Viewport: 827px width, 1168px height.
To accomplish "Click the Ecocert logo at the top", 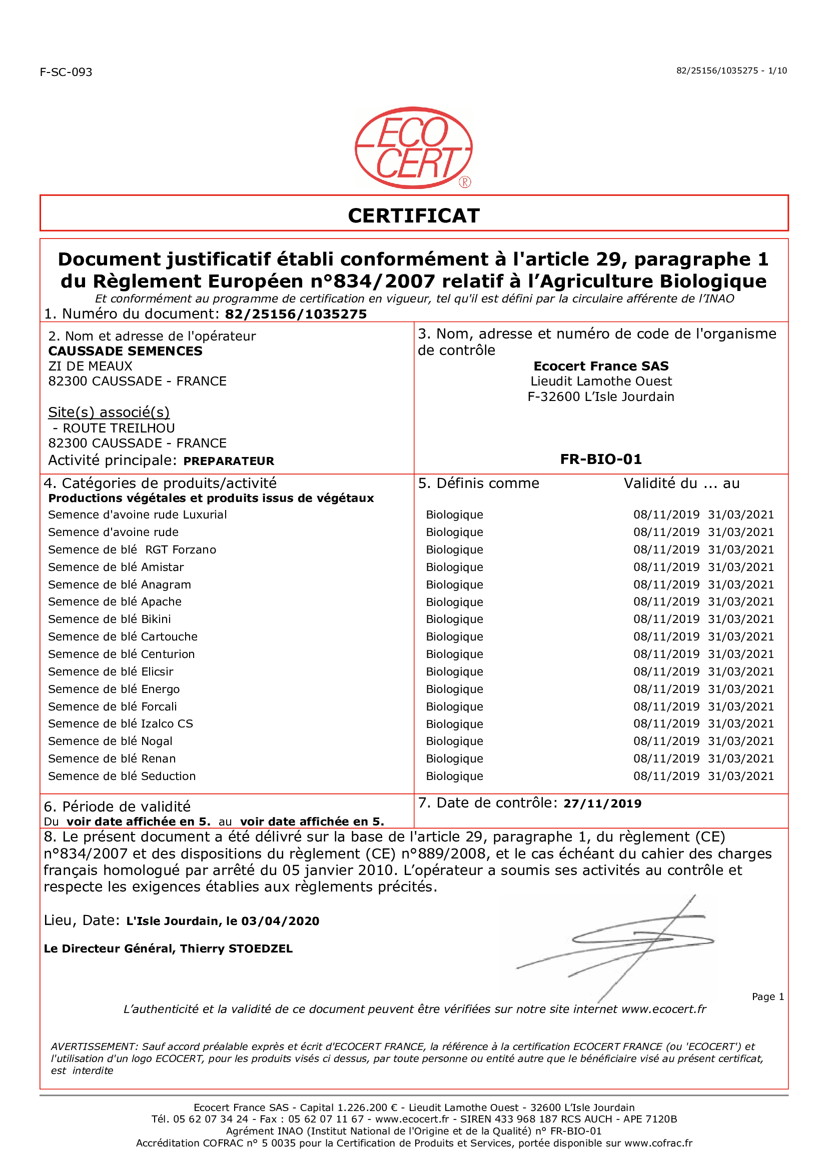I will pyautogui.click(x=413, y=147).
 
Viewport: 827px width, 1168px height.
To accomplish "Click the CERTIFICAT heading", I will pyautogui.click(x=413, y=216).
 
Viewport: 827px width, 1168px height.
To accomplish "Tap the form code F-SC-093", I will pyautogui.click(x=66, y=72).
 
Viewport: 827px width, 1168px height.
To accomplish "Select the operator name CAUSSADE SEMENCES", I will pyautogui.click(x=125, y=351).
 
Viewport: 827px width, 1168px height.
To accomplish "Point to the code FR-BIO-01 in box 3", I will pyautogui.click(x=601, y=459).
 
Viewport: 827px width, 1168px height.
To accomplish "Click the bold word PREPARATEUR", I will pyautogui.click(x=229, y=461).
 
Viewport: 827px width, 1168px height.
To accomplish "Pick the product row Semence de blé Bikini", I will pyautogui.click(x=110, y=619).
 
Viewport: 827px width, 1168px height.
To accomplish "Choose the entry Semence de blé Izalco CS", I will pyautogui.click(x=121, y=723).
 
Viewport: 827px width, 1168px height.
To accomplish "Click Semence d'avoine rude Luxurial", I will pyautogui.click(x=138, y=514).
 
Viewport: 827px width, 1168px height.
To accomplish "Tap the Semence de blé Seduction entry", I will pyautogui.click(x=122, y=776).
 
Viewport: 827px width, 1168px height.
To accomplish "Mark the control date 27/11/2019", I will pyautogui.click(x=602, y=803).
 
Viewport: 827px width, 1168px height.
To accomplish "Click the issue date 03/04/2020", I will pyautogui.click(x=280, y=921).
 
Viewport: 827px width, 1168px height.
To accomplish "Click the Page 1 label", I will pyautogui.click(x=767, y=996).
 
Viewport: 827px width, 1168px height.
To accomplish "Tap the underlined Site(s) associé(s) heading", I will pyautogui.click(x=109, y=412).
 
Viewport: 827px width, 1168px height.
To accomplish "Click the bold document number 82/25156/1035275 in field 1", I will pyautogui.click(x=296, y=314).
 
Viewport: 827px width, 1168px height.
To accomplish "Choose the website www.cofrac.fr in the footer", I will pyautogui.click(x=658, y=1143).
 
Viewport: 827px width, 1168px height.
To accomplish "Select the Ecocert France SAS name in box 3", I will pyautogui.click(x=601, y=366).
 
